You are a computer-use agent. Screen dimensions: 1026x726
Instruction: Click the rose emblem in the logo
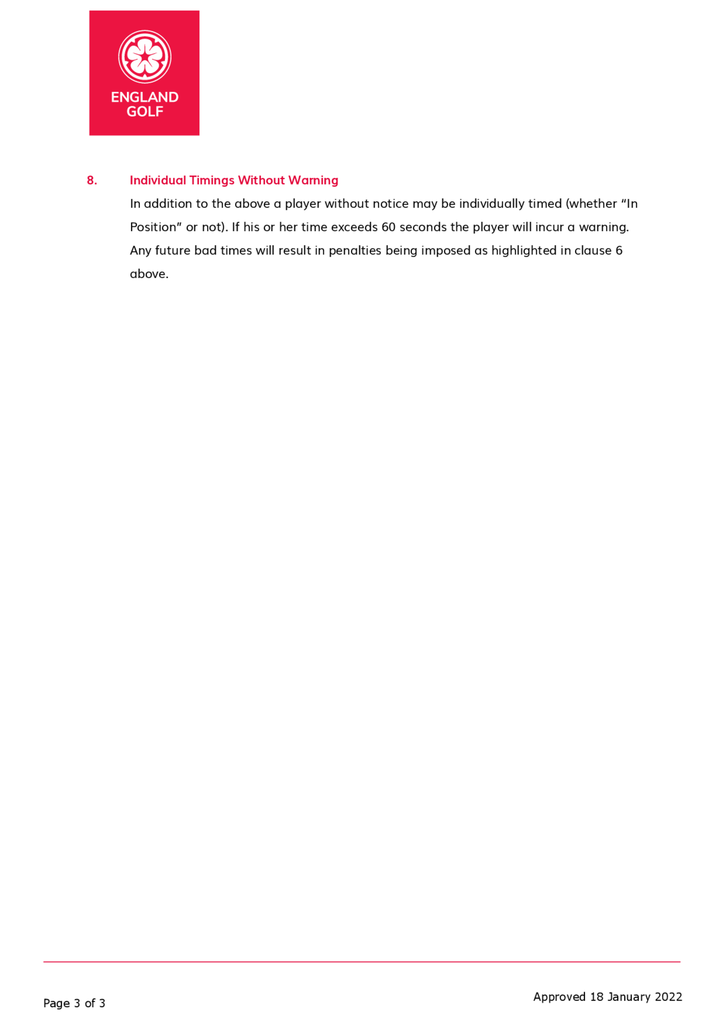tap(144, 57)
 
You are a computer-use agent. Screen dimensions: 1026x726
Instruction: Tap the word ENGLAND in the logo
tap(144, 97)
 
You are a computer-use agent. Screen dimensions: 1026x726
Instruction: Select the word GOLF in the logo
tap(144, 112)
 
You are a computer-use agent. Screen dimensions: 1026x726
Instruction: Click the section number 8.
tap(91, 180)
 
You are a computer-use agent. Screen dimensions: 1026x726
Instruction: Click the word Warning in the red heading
tap(313, 180)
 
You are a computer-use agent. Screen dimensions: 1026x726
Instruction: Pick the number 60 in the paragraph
tap(388, 227)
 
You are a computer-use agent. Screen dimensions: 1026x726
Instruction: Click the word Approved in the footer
tap(559, 997)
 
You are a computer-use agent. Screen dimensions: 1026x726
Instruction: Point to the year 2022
tap(668, 997)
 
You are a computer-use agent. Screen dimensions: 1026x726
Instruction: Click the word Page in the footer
tap(56, 1003)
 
